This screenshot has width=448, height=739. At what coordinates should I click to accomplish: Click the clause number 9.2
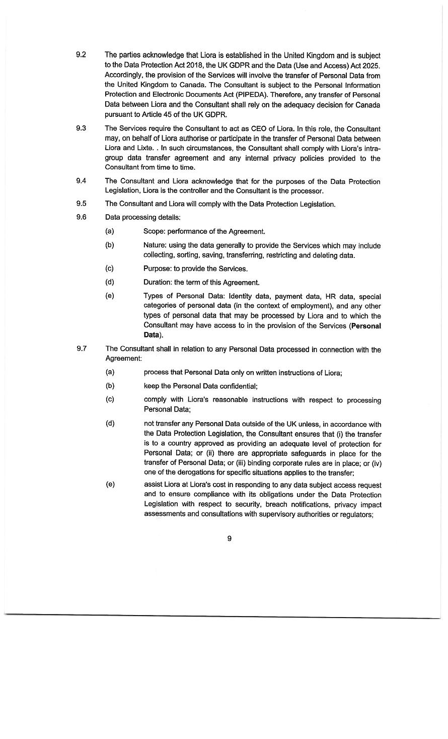point(81,54)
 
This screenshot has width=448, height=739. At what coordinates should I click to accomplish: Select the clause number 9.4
point(81,181)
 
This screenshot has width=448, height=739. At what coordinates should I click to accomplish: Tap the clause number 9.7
point(82,349)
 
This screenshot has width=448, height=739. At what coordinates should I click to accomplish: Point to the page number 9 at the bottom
point(229,539)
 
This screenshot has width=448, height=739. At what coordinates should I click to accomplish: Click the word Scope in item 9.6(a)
point(153,231)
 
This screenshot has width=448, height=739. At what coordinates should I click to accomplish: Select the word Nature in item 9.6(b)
point(155,245)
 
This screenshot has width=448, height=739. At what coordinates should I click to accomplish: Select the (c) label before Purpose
point(109,268)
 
